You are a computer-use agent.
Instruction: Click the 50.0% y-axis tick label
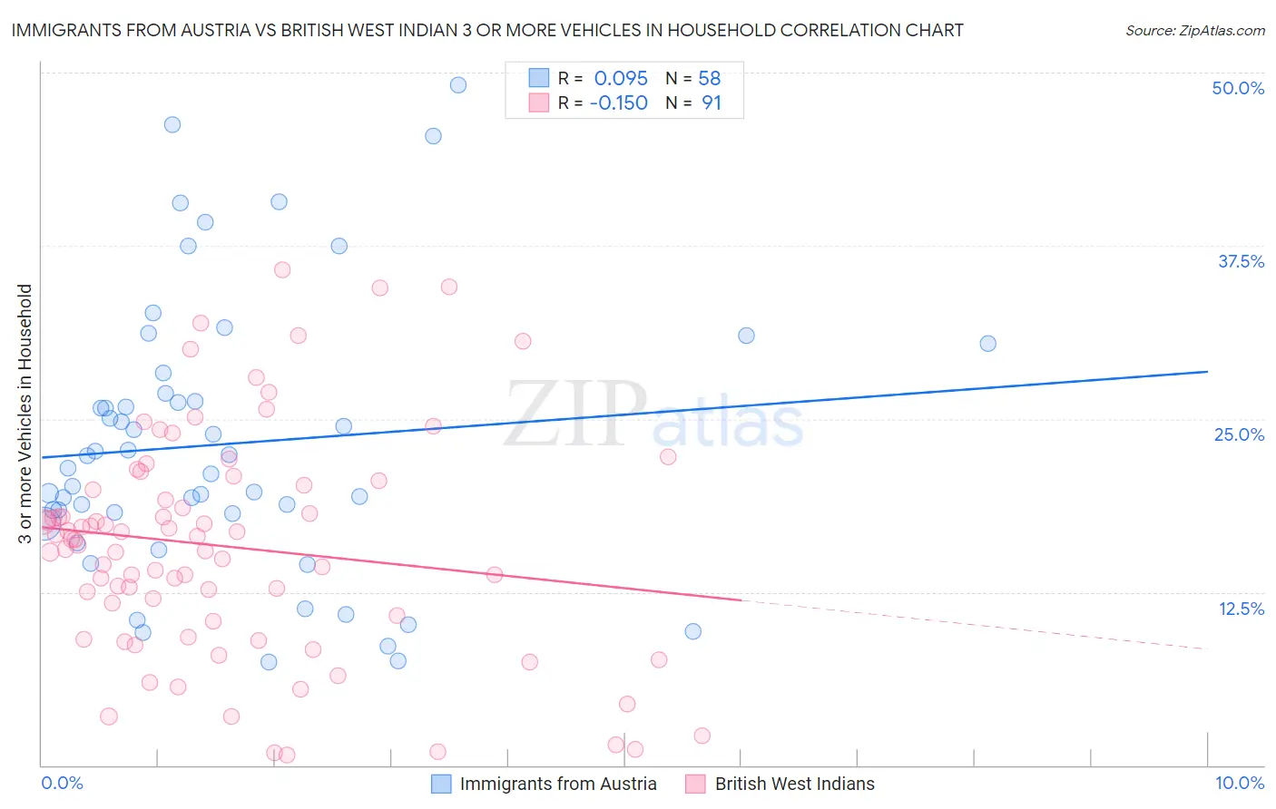tap(1238, 88)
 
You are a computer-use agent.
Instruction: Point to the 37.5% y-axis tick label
tap(1241, 261)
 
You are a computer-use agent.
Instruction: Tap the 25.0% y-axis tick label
tap(1239, 434)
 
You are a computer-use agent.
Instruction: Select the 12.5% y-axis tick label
tap(1241, 609)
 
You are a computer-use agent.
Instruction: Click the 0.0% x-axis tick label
tap(62, 783)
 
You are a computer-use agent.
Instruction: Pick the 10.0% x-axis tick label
tap(1239, 783)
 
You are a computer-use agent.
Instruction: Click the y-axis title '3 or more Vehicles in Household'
tap(25, 414)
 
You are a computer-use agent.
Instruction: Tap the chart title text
tap(487, 30)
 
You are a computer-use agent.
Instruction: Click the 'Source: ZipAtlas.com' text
tap(1194, 30)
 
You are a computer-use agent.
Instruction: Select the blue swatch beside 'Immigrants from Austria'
tap(441, 784)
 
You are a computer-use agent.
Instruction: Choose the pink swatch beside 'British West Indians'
tap(696, 784)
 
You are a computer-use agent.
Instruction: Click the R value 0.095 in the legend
tap(621, 79)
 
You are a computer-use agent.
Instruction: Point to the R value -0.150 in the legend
tap(618, 103)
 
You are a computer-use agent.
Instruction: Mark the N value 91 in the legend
tap(712, 103)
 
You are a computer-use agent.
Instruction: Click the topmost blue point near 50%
tap(458, 85)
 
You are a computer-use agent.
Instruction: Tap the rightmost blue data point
tap(987, 344)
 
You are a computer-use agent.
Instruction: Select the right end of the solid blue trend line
tap(1207, 372)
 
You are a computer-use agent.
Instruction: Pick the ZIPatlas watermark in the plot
tap(653, 415)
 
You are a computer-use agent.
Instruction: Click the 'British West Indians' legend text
tap(794, 784)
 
